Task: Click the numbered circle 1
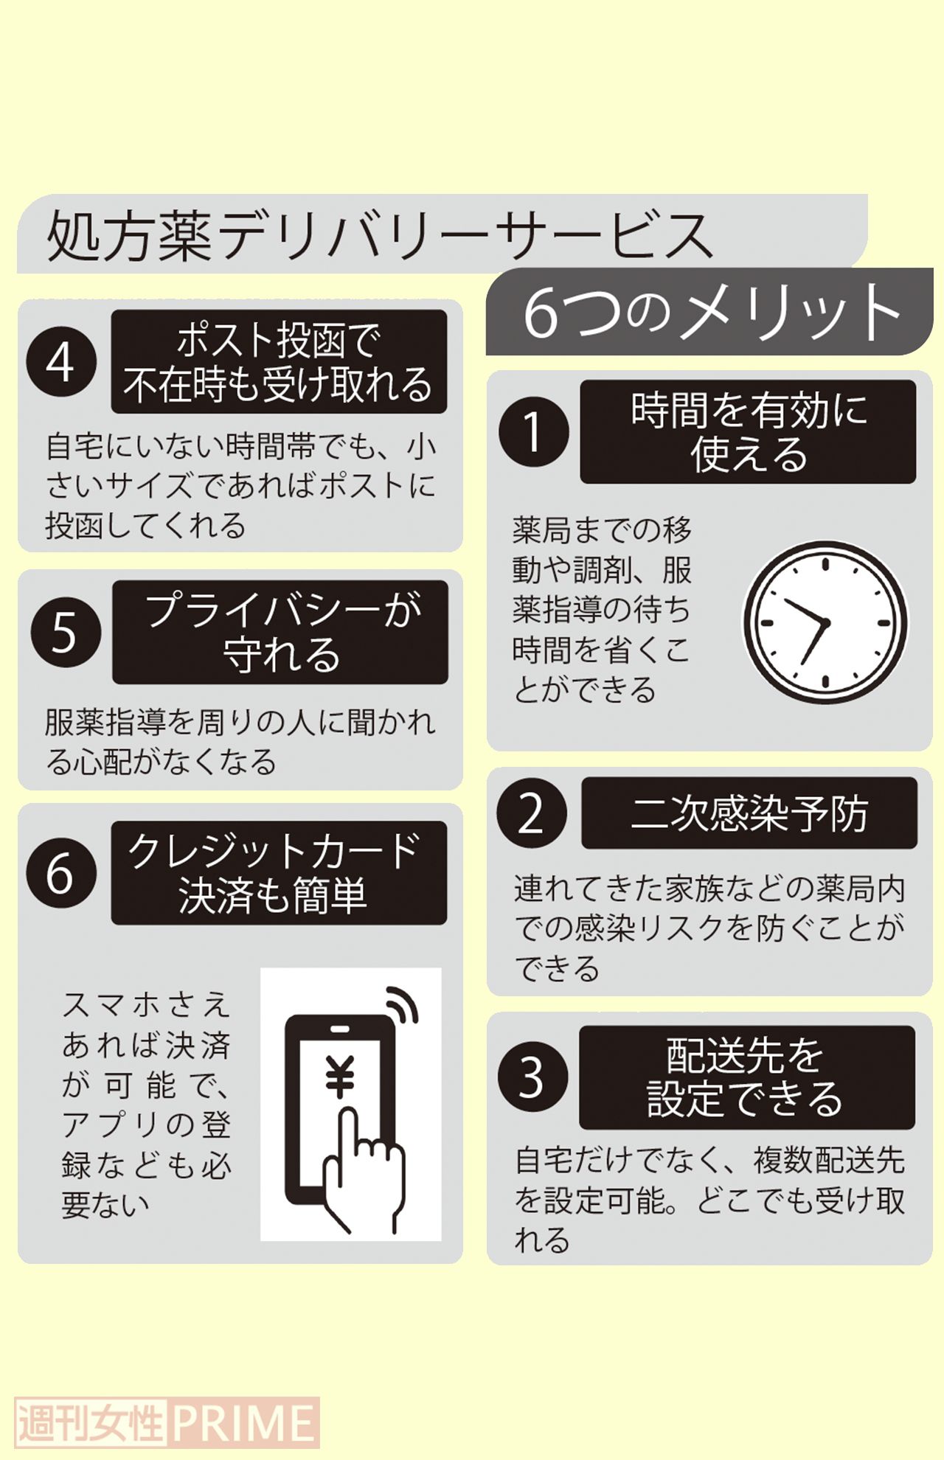coord(532,431)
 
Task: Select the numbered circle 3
coord(532,1077)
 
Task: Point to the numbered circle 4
coord(62,362)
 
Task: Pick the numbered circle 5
coord(65,632)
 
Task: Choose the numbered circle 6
coord(62,873)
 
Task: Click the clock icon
coord(825,622)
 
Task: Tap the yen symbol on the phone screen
coord(340,1077)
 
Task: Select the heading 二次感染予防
coord(749,813)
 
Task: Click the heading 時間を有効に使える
coord(748,431)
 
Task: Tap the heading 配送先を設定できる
coord(746,1077)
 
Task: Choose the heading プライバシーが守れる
coord(280,632)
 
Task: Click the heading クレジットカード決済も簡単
coord(279,873)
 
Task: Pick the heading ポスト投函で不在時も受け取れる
coord(279,362)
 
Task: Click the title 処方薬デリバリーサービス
coord(380,235)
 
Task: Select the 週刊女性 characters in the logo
coord(90,1422)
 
